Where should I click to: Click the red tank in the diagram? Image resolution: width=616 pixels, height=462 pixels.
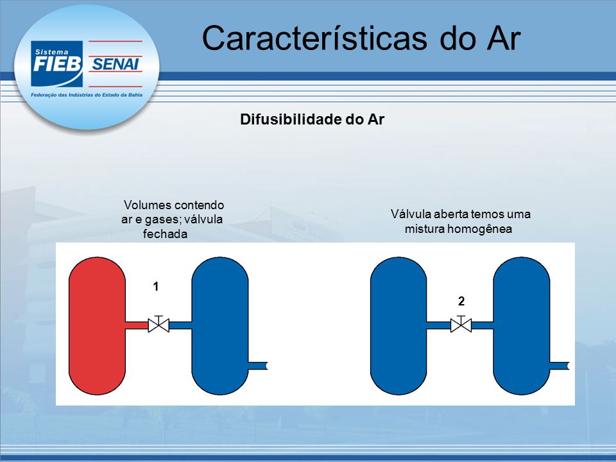coord(97,326)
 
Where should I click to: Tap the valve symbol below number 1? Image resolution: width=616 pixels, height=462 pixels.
coord(158,324)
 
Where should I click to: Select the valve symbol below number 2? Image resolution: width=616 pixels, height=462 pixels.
coord(461,324)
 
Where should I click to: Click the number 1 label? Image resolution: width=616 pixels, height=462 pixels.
coord(156,287)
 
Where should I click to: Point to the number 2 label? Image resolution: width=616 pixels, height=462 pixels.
coord(461,302)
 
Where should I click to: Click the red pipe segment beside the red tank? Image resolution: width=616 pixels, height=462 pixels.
coord(137,325)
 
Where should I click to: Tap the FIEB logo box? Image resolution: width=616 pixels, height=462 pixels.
coord(56,64)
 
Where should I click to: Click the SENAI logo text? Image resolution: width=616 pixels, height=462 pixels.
coord(116,64)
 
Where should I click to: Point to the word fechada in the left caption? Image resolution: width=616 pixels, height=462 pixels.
coord(165,234)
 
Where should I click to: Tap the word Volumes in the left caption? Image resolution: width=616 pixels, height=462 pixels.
coord(148,205)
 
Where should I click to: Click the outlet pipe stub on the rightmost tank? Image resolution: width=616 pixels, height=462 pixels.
coord(560,366)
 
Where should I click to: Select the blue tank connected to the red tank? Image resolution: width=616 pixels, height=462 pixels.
coord(220,326)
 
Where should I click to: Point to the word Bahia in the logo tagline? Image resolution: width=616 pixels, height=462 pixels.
coord(135,95)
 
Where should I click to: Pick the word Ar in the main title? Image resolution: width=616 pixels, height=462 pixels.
coord(504,38)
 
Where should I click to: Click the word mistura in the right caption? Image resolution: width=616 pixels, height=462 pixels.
coord(425,229)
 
